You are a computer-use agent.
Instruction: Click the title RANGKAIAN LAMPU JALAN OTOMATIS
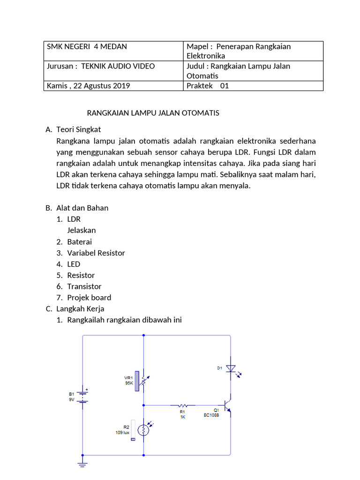(x=153, y=113)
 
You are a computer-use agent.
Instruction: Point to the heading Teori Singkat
(x=78, y=129)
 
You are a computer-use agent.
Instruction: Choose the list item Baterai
(x=80, y=242)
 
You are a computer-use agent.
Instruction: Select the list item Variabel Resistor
(x=96, y=253)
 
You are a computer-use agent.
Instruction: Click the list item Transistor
(x=84, y=286)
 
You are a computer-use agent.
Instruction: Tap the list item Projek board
(x=89, y=298)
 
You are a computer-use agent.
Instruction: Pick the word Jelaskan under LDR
(x=82, y=231)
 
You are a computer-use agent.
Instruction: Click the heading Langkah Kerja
(x=80, y=309)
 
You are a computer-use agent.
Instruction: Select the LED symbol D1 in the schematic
(x=231, y=369)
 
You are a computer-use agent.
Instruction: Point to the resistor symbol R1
(x=183, y=405)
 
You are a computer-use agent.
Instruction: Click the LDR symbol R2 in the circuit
(x=143, y=429)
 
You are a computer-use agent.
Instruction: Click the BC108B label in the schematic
(x=211, y=415)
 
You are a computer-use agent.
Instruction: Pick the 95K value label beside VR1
(x=129, y=383)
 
